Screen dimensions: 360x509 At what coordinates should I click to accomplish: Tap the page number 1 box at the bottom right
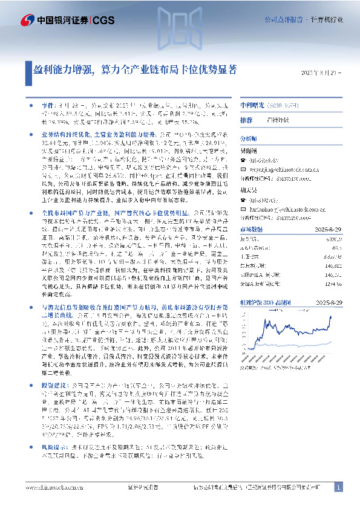(x=338, y=487)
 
